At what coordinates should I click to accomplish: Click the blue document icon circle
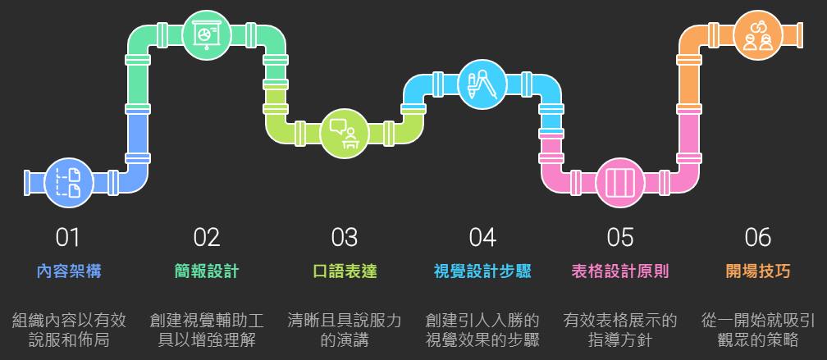[69, 182]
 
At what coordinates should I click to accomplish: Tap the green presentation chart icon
[207, 34]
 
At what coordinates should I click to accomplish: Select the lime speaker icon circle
[345, 133]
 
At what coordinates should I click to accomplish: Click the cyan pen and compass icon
[482, 84]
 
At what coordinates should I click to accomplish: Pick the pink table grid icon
[620, 182]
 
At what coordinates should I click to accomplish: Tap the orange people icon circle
[758, 34]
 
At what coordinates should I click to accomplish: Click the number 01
[69, 238]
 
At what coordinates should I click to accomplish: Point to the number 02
[207, 238]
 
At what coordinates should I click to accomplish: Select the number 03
[345, 238]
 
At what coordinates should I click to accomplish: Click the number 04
[482, 238]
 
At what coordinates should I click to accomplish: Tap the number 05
[620, 238]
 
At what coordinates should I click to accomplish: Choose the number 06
[758, 238]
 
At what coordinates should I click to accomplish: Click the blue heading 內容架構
[69, 271]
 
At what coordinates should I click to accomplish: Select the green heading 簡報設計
[207, 271]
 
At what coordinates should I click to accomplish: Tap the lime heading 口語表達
[345, 271]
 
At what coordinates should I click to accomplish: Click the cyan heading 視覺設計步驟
[482, 271]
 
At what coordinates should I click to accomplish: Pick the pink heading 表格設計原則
[620, 271]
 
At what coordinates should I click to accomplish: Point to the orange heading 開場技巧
[758, 271]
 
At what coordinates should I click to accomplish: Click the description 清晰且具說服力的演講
[345, 329]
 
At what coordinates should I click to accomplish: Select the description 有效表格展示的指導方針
[620, 329]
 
